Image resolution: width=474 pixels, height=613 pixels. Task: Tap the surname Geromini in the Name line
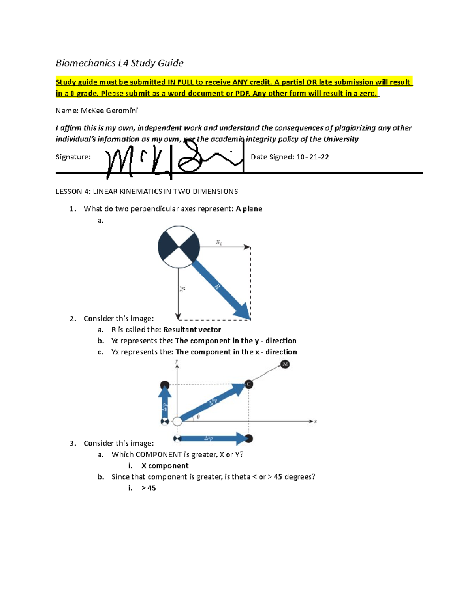coord(122,111)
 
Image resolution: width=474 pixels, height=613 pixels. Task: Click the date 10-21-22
coord(312,157)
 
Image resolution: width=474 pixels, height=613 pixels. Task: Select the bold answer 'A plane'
coord(249,209)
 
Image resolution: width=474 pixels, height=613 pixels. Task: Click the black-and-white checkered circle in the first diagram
coord(179,247)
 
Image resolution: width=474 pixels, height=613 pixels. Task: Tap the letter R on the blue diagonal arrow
coord(217,287)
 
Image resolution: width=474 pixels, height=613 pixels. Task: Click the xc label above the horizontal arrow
coord(219,242)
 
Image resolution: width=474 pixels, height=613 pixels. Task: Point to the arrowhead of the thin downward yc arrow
coord(179,316)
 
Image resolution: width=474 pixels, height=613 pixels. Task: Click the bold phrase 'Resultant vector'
coord(192,330)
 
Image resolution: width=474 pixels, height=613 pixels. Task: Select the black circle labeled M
coord(285,364)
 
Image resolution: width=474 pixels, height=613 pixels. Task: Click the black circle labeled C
coord(248,384)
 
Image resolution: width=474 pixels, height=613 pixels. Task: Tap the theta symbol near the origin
coord(198,417)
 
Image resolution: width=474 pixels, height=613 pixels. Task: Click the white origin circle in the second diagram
coord(178,421)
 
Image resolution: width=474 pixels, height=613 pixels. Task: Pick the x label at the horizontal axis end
coord(316,422)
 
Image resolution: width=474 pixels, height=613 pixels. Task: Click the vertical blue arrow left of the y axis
coord(165,403)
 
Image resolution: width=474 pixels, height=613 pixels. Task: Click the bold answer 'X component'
coord(165,466)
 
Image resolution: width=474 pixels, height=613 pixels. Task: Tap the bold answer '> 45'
coord(149,488)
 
